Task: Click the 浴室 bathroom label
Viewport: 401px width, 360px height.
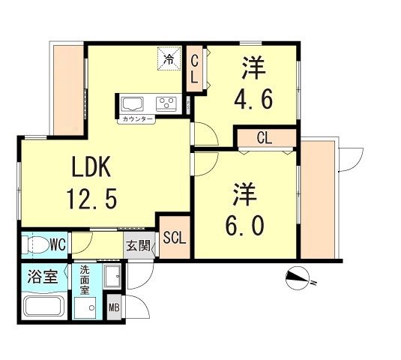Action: coord(43,274)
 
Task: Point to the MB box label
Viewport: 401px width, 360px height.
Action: coord(114,307)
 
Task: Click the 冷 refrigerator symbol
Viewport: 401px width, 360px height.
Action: coord(169,58)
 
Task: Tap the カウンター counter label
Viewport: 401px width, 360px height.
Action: coord(136,118)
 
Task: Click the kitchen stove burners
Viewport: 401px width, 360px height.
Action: coord(166,103)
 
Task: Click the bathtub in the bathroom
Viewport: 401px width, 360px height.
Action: coord(43,306)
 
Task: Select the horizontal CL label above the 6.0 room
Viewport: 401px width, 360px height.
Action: coord(264,138)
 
